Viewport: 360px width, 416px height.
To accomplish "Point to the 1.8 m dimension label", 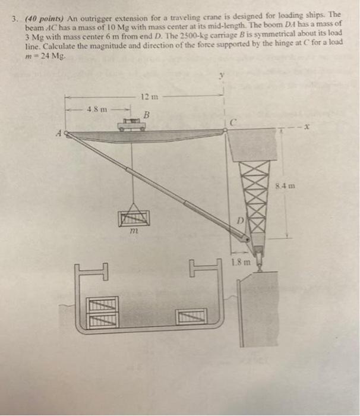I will pos(240,261).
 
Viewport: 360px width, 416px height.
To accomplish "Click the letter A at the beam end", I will pos(58,134).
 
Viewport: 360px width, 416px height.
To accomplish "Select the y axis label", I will pos(222,75).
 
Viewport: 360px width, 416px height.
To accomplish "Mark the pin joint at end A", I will pos(67,134).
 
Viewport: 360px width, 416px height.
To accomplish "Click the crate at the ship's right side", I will pos(191,314).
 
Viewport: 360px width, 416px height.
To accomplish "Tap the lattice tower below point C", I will pos(250,190).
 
